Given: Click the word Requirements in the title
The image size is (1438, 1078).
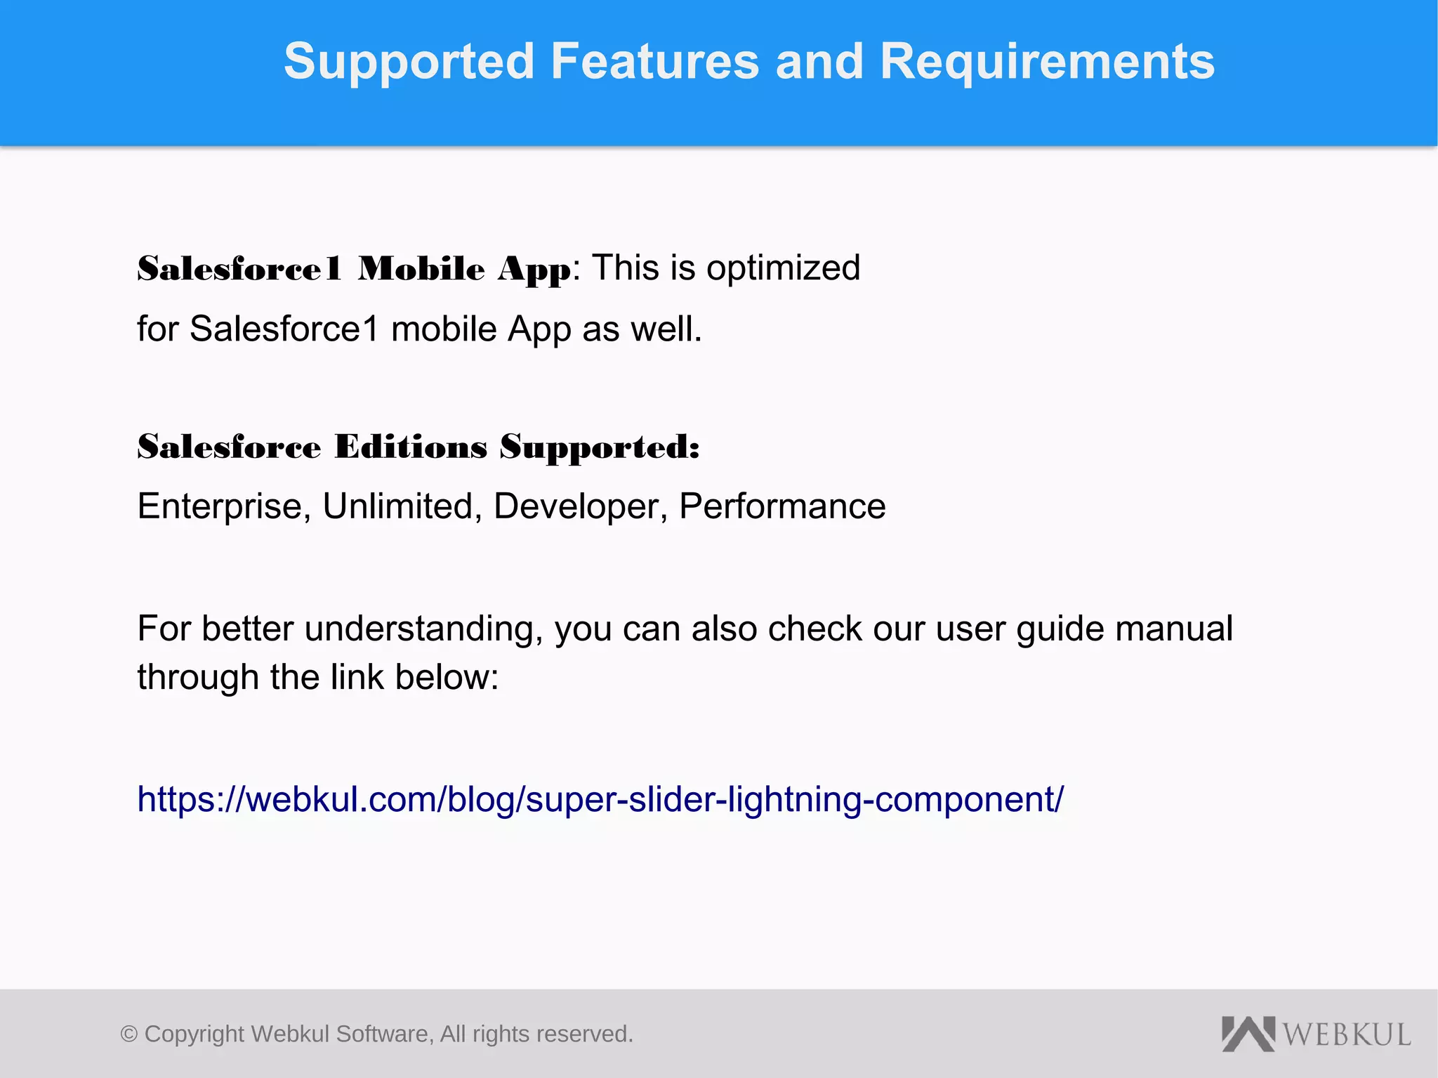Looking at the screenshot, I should coord(1047,62).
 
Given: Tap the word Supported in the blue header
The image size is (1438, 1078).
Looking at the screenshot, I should coord(409,62).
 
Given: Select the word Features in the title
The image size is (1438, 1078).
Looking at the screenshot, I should coord(654,62).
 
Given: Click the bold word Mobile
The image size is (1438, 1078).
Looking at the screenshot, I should coord(421,269).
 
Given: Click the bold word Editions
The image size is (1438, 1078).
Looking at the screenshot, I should coord(411,447).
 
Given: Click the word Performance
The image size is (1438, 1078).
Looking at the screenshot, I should coord(782,507).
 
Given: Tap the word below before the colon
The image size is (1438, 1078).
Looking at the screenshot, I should coord(443,678).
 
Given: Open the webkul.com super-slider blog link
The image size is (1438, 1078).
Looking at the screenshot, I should coord(600,799).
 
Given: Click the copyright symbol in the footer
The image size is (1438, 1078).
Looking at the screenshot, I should coord(129,1034).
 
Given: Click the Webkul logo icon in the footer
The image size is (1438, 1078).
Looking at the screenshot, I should coord(1248,1034).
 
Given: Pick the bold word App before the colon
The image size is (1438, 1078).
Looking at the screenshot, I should coord(534,270).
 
